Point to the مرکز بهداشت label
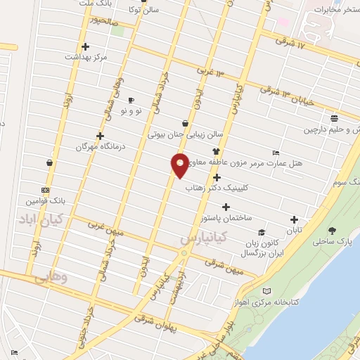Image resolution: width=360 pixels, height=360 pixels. [x=87, y=56]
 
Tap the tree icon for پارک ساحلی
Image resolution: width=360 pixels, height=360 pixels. [x=332, y=231]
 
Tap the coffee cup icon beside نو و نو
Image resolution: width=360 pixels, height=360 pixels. [x=131, y=100]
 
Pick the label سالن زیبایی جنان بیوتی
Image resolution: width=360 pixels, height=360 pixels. [x=184, y=131]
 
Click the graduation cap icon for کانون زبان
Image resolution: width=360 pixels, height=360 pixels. [x=262, y=232]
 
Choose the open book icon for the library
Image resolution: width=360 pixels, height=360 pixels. [x=266, y=291]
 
